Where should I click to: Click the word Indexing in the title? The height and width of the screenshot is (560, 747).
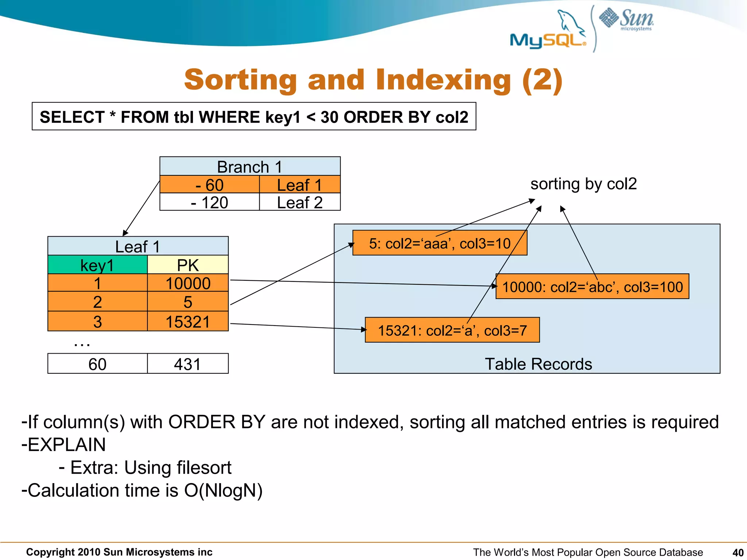(443, 80)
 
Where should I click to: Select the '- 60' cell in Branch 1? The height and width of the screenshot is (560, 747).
(209, 185)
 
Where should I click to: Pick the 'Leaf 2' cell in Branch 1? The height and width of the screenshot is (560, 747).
(299, 202)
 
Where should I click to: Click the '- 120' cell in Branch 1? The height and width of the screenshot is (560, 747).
(209, 202)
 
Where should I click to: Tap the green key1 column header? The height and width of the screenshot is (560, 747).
(97, 265)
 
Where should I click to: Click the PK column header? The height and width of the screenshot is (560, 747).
(187, 265)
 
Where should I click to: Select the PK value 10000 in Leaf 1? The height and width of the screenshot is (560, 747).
(187, 283)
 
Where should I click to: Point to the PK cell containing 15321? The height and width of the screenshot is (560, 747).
(187, 322)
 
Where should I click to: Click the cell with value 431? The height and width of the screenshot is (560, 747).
(187, 364)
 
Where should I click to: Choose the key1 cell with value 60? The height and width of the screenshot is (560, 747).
(97, 364)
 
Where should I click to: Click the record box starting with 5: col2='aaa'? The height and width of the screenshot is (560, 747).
(440, 243)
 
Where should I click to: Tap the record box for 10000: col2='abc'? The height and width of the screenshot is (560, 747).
(592, 287)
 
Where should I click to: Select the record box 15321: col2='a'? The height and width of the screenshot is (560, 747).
(452, 330)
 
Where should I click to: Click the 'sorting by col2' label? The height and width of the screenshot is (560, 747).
(583, 184)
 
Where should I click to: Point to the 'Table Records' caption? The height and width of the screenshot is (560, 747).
(538, 364)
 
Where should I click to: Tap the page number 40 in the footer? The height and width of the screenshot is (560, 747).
(738, 552)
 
